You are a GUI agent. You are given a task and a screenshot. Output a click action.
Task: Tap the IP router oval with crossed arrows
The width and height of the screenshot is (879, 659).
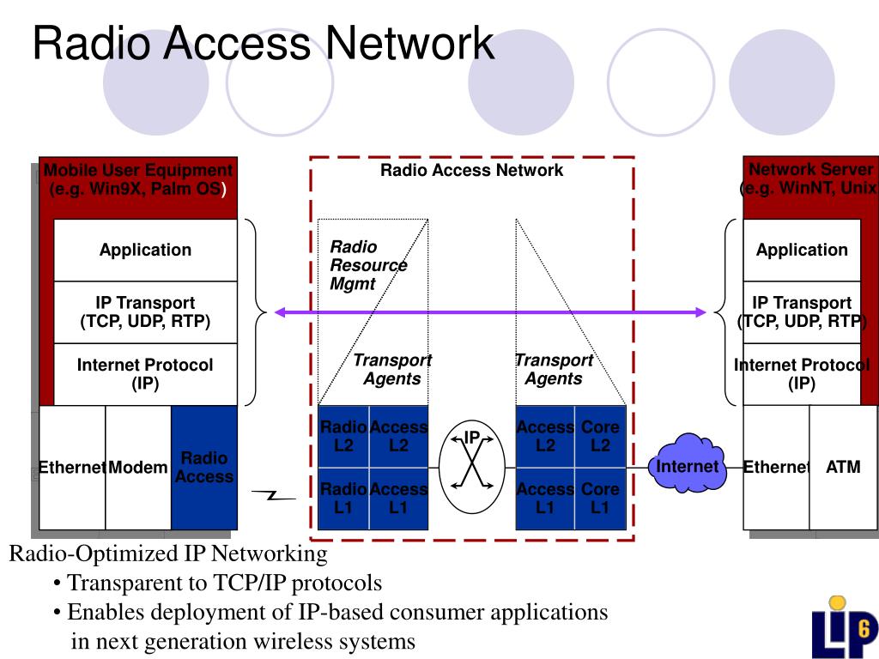(472, 467)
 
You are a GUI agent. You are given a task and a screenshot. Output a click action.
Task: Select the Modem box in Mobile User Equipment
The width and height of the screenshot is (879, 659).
(138, 468)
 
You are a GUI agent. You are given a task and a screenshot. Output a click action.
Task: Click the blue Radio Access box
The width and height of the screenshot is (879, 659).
(204, 468)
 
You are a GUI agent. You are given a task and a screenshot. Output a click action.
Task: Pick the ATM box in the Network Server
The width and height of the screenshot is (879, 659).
(843, 468)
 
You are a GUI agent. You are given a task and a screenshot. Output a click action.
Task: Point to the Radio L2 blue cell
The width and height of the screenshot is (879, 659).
(343, 437)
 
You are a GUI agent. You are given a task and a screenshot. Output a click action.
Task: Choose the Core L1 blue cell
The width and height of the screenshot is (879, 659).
(600, 499)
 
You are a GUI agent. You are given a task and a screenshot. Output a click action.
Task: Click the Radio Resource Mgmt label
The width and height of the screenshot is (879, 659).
(368, 265)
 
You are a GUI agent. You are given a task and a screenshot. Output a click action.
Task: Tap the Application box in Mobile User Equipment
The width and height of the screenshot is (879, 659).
(145, 250)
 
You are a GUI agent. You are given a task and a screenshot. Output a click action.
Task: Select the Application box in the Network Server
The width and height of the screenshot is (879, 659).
(802, 250)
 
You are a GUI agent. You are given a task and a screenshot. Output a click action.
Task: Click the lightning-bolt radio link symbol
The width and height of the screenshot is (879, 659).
(274, 495)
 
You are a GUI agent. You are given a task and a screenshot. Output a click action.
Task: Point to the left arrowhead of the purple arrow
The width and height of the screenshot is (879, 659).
(279, 312)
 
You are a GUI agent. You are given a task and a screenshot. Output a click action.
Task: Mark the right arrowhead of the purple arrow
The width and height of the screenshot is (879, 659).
(700, 312)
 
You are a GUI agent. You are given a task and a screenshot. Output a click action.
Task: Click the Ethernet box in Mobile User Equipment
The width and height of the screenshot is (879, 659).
(72, 468)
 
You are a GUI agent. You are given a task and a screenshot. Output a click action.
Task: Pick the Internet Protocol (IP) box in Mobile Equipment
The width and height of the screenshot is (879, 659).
(145, 374)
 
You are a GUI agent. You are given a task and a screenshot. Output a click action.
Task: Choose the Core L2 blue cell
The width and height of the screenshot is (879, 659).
(600, 437)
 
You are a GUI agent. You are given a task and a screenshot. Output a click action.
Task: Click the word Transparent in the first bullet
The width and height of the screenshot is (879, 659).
(136, 583)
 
